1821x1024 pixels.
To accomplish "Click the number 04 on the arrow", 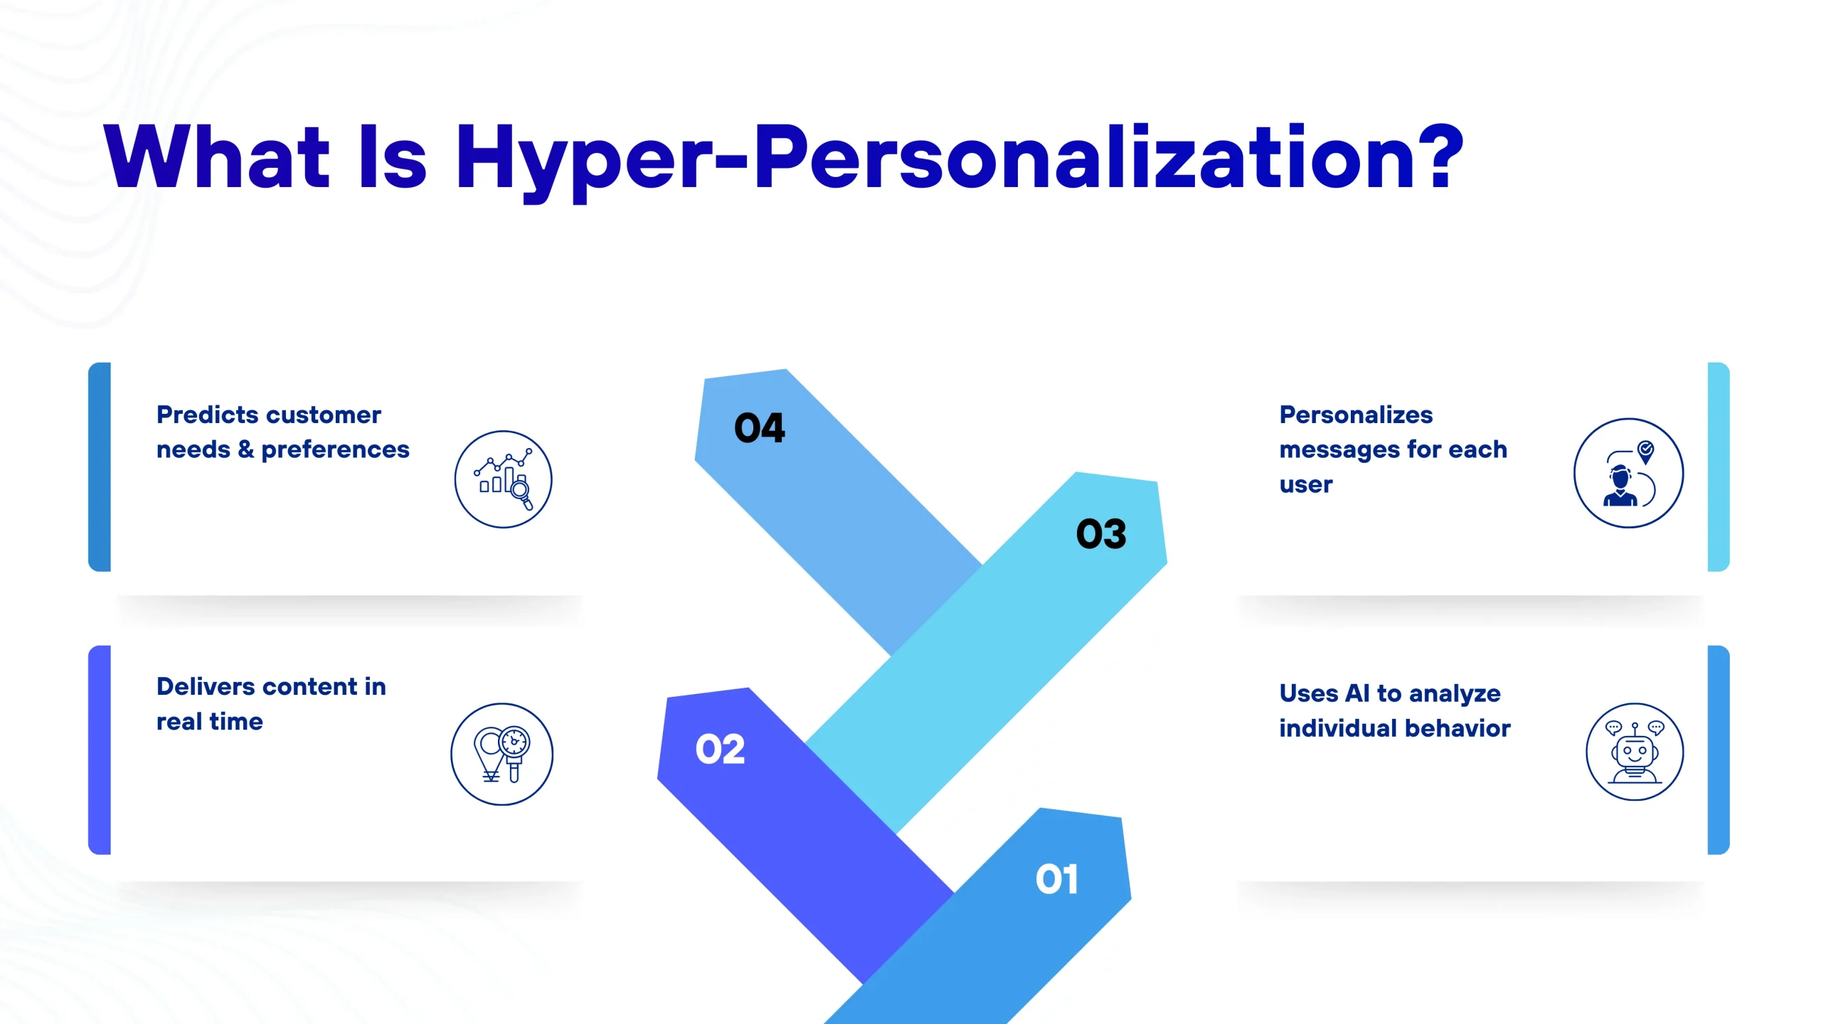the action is coord(760,428).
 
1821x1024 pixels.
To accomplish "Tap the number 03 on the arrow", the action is coord(1101,534).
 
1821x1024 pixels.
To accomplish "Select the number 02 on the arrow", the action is coord(720,750).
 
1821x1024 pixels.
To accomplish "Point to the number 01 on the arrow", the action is coord(1057,879).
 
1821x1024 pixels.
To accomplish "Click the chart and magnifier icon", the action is coord(504,479).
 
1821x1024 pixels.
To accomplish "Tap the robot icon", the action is coord(1635,752).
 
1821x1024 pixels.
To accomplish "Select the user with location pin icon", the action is coord(1629,473).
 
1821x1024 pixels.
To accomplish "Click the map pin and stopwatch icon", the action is coord(502,754).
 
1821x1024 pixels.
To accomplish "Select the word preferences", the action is coord(335,450).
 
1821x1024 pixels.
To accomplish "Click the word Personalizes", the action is coord(1356,415).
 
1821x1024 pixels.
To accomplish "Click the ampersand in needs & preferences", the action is coord(245,449).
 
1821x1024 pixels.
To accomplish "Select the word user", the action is coord(1306,486).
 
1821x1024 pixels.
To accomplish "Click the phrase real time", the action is coord(210,722).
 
